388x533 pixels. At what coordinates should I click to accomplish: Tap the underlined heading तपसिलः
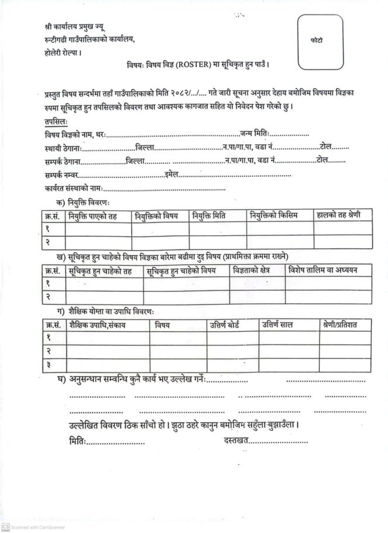[x=56, y=121]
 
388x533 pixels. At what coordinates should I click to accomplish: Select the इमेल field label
[x=171, y=175]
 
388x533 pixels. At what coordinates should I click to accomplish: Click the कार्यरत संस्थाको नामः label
[x=73, y=188]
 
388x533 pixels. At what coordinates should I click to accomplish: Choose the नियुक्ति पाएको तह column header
[x=92, y=216]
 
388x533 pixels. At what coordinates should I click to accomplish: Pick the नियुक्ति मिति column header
[x=210, y=216]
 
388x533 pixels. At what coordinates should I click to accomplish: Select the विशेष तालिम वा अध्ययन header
[x=328, y=269]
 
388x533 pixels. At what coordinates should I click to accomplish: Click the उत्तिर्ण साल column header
[x=277, y=324]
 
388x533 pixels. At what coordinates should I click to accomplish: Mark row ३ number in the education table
[x=47, y=365]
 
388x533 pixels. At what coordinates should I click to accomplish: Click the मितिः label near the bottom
[x=77, y=439]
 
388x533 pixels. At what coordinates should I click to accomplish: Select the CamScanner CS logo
[x=5, y=527]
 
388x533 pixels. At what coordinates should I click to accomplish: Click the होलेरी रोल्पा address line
[x=63, y=52]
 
